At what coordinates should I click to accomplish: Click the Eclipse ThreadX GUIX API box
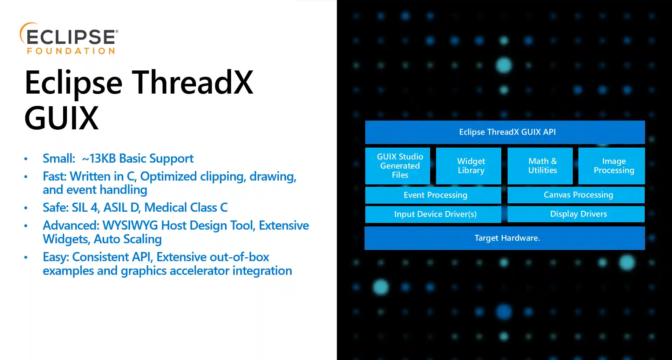point(505,132)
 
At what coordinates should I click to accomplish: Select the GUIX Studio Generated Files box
point(398,166)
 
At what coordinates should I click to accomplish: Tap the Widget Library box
point(468,166)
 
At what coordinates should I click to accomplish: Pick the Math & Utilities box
point(540,166)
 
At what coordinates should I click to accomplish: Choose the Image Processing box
point(611,166)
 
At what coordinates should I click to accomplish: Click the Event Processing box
point(433,195)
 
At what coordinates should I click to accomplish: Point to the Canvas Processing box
point(576,195)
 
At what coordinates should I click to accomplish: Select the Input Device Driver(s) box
point(433,214)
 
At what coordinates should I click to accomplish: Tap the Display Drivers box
point(576,214)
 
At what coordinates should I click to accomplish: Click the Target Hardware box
point(505,238)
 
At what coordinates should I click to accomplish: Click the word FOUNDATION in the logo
point(71,51)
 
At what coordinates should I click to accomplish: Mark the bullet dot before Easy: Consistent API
point(26,257)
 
